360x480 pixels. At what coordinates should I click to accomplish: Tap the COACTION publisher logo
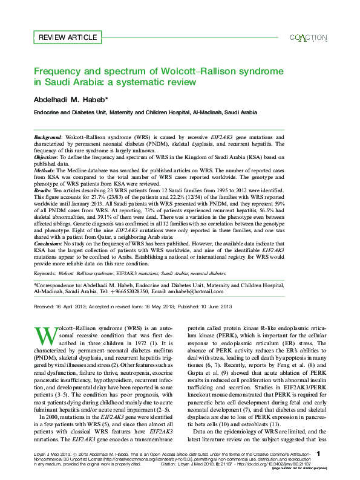pos(309,37)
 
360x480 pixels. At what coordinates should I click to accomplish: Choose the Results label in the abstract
pos(44,191)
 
